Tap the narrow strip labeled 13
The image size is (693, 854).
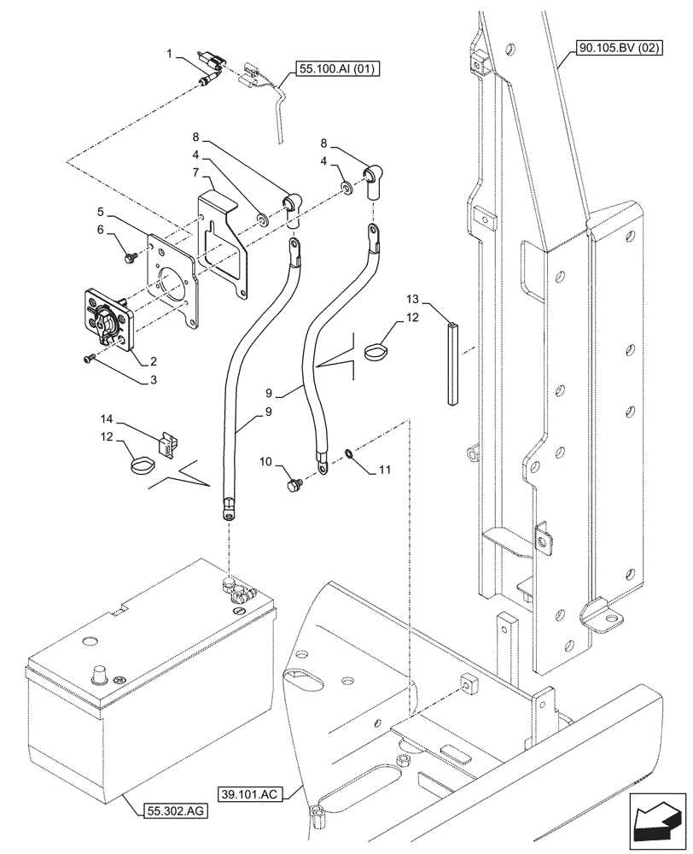click(x=451, y=360)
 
